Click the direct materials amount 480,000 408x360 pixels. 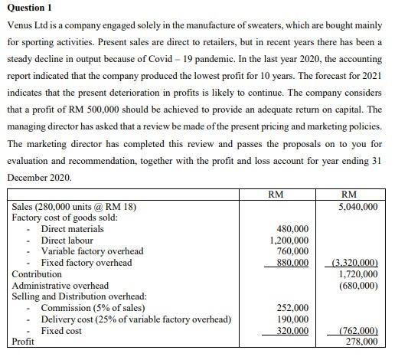(292, 229)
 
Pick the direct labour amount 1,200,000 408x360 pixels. (289, 240)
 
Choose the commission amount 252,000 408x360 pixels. (292, 308)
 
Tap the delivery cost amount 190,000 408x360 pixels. (292, 319)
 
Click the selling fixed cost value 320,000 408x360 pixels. (292, 331)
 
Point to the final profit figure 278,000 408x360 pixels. (359, 342)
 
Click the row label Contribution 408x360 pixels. (37, 273)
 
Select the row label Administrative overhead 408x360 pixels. (60, 285)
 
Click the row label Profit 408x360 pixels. (24, 342)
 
